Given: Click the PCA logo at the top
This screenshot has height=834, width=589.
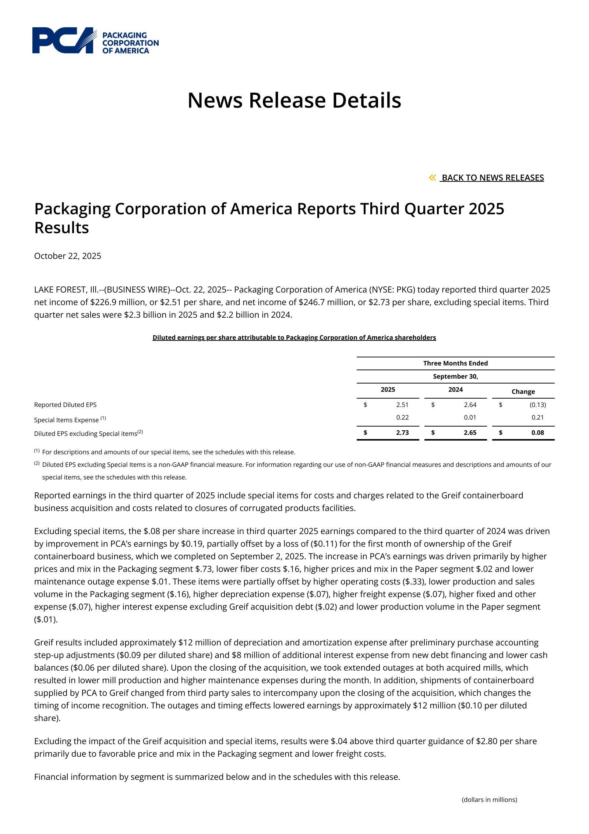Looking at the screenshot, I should (x=95, y=40).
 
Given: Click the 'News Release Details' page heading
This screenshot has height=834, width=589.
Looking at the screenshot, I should (x=294, y=100).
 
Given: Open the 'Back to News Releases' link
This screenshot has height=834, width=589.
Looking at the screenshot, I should (x=492, y=178).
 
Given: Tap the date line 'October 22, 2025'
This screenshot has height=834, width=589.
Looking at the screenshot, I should (x=68, y=256).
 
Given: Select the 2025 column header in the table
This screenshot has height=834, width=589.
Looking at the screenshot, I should (x=388, y=389).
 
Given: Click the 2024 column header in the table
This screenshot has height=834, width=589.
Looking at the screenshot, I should (x=455, y=389).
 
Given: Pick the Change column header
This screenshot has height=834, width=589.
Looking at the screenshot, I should (x=523, y=392).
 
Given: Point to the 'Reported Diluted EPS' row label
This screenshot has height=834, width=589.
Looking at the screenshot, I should (x=65, y=405).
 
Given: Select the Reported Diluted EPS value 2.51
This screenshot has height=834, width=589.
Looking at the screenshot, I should (x=402, y=405).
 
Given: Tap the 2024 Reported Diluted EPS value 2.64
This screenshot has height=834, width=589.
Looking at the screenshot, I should (x=470, y=405).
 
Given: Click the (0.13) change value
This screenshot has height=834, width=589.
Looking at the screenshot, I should (x=538, y=405).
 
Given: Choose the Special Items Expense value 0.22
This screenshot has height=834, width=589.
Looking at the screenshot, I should (x=402, y=417).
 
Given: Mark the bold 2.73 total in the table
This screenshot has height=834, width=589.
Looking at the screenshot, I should (x=402, y=433).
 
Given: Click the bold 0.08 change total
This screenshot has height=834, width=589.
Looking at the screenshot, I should (x=538, y=433).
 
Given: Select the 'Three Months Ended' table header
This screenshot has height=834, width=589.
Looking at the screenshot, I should (x=455, y=363).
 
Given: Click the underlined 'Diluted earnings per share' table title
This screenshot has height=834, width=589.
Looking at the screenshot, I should (x=294, y=338).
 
